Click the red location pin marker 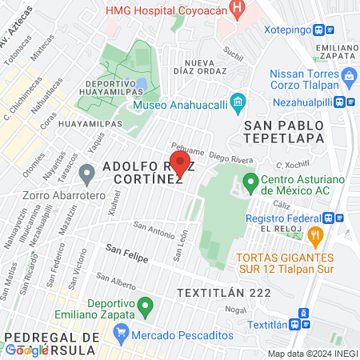click(179, 164)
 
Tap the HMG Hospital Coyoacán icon click(237, 9)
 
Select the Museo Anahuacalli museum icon click(237, 102)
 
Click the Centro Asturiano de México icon click(250, 183)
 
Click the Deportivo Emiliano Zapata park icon click(145, 306)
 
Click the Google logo click(26, 349)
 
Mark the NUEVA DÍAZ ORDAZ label click(210, 67)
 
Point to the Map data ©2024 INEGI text click(311, 353)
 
